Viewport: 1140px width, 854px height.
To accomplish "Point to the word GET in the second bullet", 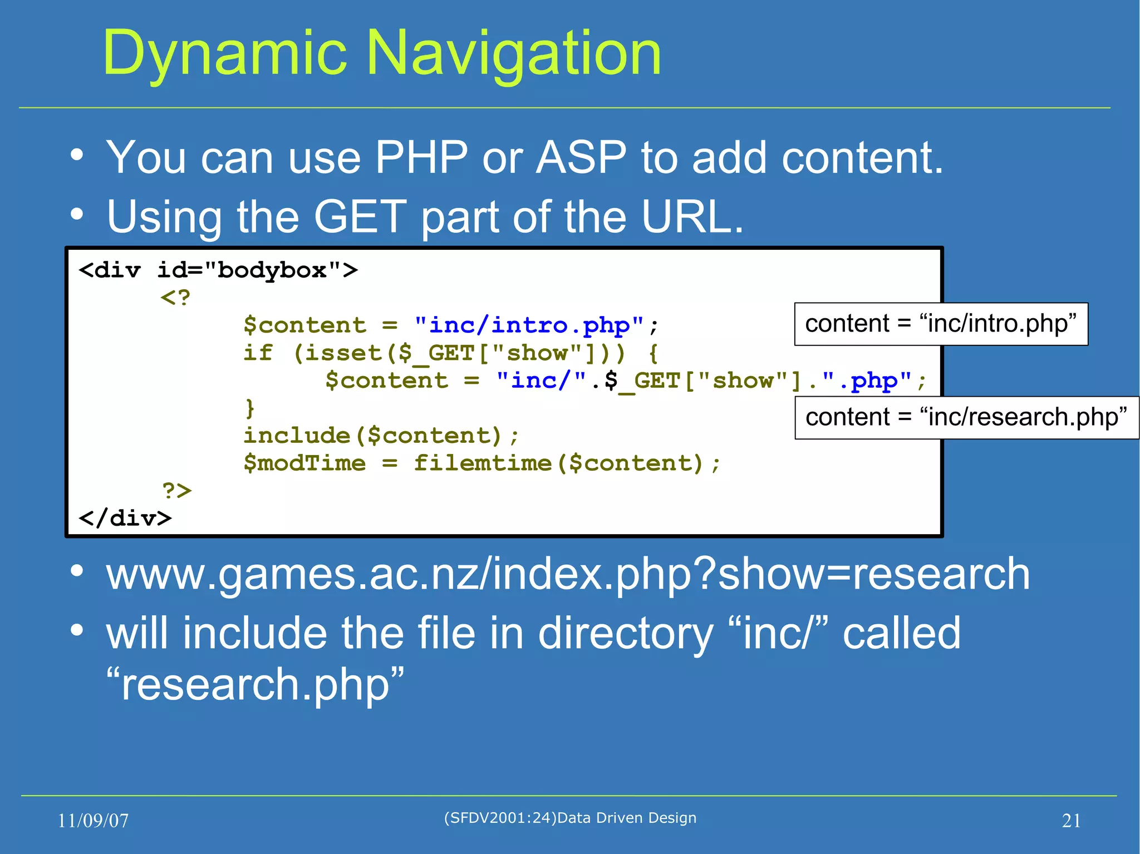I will [x=360, y=216].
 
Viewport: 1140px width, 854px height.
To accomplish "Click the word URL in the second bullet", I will [x=692, y=216].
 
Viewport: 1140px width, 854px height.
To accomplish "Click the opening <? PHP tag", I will [x=175, y=297].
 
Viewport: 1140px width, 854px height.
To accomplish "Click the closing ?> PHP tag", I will [x=176, y=490].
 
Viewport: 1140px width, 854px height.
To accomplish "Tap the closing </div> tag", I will [x=125, y=518].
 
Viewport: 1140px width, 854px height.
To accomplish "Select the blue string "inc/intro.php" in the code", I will [x=529, y=325].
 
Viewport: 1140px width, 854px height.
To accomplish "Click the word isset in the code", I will [x=343, y=353].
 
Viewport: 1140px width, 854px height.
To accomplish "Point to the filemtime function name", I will [x=482, y=463].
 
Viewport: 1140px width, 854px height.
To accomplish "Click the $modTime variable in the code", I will [x=304, y=463].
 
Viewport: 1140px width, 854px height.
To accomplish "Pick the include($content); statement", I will [x=381, y=435].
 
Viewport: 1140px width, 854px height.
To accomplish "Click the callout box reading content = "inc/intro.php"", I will [x=941, y=324].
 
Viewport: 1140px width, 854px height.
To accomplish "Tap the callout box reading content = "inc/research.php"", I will [x=966, y=417].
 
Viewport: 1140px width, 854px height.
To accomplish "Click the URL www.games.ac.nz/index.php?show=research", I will [x=568, y=574].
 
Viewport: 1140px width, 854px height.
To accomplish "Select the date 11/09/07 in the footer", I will [x=93, y=821].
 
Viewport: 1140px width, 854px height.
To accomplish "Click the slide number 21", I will [x=1071, y=821].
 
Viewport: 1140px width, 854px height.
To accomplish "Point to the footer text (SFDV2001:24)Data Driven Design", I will [x=570, y=818].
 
